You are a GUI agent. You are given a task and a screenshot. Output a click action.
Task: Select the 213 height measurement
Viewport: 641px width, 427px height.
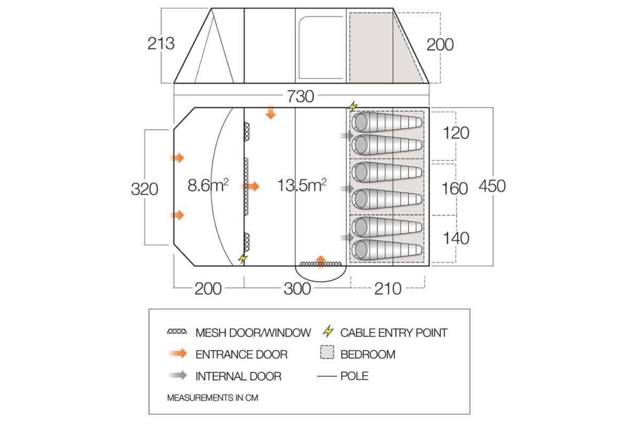(161, 43)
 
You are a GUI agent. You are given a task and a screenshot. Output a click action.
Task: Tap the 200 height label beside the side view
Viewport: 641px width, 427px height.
(440, 44)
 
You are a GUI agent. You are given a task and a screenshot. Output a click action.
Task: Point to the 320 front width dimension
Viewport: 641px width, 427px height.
(145, 188)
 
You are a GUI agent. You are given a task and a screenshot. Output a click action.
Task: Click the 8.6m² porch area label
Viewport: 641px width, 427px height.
(208, 186)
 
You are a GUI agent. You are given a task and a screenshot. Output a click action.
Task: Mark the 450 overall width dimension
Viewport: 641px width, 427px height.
(492, 186)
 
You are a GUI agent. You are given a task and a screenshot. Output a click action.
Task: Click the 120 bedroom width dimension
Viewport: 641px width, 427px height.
(456, 132)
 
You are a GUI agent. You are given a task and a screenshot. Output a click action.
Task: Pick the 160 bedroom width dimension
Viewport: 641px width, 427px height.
(455, 188)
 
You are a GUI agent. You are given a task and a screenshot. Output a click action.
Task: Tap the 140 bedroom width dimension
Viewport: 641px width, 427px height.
(456, 238)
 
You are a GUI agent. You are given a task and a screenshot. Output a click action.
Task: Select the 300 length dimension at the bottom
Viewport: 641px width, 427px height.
(297, 289)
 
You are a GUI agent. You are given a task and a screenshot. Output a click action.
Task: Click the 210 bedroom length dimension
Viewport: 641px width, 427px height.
(388, 289)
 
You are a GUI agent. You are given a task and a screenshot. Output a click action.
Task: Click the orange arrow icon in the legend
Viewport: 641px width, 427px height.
(177, 354)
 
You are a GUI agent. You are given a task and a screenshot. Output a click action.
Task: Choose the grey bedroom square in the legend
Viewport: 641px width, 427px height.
(327, 353)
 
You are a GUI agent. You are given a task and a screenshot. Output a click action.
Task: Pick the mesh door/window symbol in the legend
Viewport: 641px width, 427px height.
(177, 332)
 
